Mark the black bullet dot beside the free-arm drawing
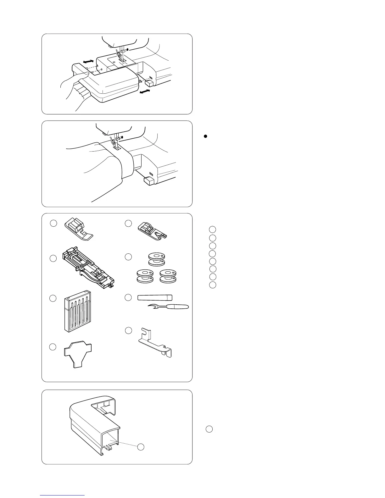click(205, 136)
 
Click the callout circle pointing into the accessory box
click(141, 447)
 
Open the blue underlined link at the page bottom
click(62, 495)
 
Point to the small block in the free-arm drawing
click(148, 181)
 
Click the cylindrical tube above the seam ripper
click(155, 297)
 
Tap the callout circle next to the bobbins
click(128, 257)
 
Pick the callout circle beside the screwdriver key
click(53, 347)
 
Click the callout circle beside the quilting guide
click(128, 330)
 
